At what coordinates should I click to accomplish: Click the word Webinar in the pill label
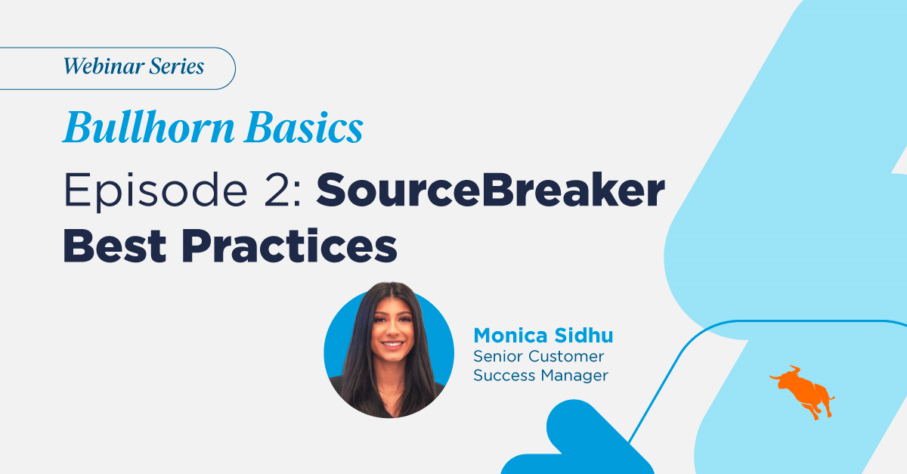tap(104, 66)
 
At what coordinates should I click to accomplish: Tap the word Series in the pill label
tap(177, 66)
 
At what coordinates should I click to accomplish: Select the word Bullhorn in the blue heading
tap(149, 127)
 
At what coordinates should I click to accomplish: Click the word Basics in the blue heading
tap(304, 127)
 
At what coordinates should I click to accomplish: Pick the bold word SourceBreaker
tap(491, 190)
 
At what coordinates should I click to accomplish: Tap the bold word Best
tap(115, 246)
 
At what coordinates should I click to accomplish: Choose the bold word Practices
tap(289, 246)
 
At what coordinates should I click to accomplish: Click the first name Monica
tap(511, 336)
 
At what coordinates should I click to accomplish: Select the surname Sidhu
tap(584, 336)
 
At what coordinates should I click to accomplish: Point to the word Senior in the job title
tap(498, 357)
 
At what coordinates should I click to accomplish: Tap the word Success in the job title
tap(505, 376)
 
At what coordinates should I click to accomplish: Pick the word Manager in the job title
tap(574, 376)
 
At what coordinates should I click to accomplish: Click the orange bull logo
tap(803, 392)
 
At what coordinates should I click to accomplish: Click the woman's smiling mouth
tap(392, 345)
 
